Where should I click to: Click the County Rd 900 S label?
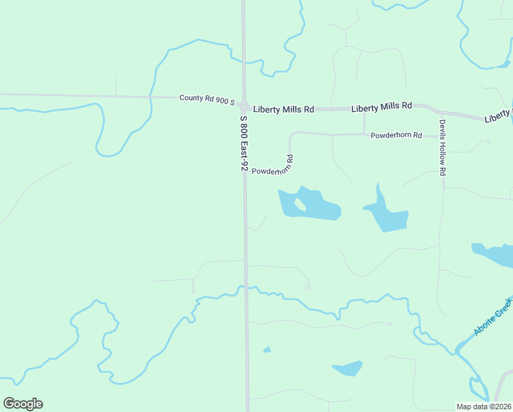click(207, 98)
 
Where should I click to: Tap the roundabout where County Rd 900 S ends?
click(243, 105)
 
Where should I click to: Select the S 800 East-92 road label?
click(243, 142)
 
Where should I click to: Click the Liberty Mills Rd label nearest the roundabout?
click(283, 109)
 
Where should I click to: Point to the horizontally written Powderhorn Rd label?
click(396, 135)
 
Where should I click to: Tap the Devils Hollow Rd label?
click(443, 148)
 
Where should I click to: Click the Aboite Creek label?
click(492, 317)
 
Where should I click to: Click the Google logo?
click(23, 404)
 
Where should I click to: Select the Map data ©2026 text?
click(484, 406)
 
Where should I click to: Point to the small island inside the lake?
click(300, 204)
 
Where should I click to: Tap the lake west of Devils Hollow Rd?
click(387, 216)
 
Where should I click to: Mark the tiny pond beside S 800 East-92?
click(267, 350)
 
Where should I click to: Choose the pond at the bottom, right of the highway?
click(348, 368)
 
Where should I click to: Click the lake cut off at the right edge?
click(494, 254)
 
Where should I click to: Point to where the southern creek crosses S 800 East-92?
click(246, 288)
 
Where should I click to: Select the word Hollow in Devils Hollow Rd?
click(443, 150)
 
